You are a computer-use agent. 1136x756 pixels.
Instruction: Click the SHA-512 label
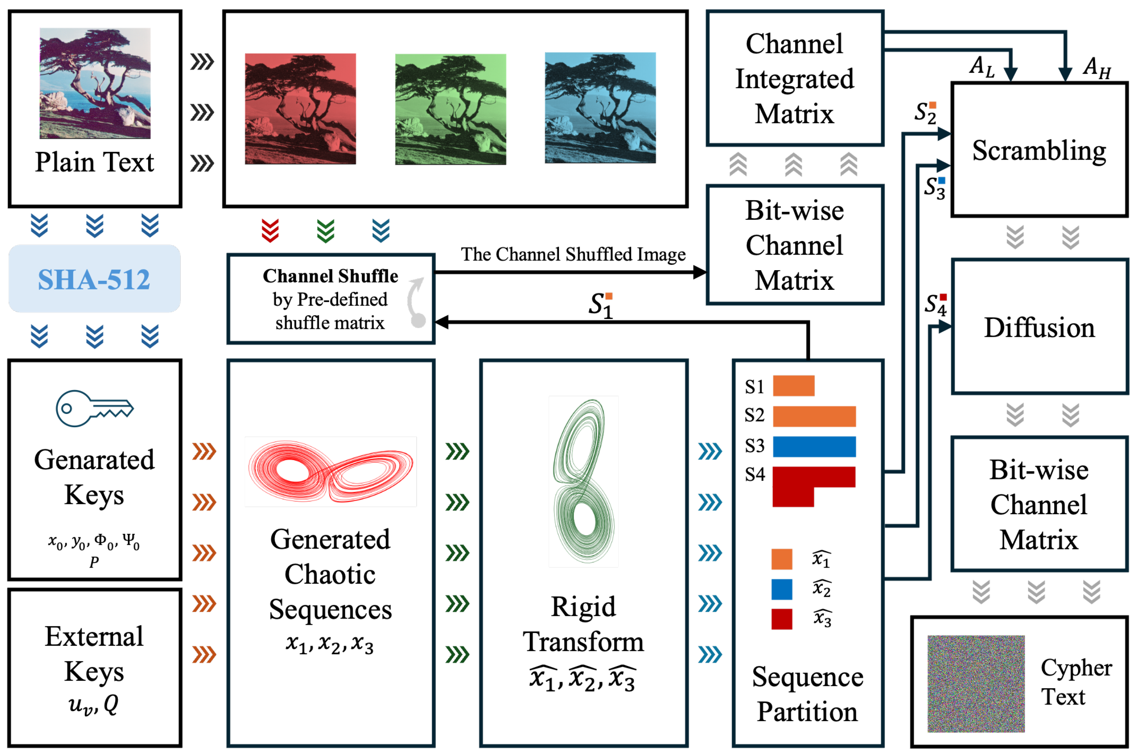[x=94, y=279]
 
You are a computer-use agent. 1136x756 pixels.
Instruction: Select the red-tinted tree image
[x=300, y=109]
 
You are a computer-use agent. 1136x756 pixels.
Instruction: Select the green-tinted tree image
[x=450, y=109]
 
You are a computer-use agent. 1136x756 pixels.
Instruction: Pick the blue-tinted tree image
[x=600, y=107]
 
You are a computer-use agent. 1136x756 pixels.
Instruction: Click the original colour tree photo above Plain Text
[x=95, y=83]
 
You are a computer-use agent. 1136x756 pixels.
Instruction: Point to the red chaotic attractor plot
[x=331, y=471]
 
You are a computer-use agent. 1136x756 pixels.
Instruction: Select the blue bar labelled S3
[x=814, y=446]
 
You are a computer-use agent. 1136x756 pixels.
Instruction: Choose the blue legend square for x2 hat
[x=782, y=589]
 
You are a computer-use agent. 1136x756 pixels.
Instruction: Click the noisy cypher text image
[x=975, y=683]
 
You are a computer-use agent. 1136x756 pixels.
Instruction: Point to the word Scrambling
[x=1039, y=151]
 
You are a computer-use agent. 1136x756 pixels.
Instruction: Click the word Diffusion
[x=1039, y=328]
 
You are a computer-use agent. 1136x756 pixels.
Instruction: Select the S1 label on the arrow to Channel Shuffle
[x=601, y=306]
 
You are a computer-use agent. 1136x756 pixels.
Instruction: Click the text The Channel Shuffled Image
[x=573, y=254]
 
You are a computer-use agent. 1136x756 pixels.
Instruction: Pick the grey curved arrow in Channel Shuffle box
[x=416, y=303]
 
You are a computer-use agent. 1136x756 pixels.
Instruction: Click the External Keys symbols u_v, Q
[x=94, y=705]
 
